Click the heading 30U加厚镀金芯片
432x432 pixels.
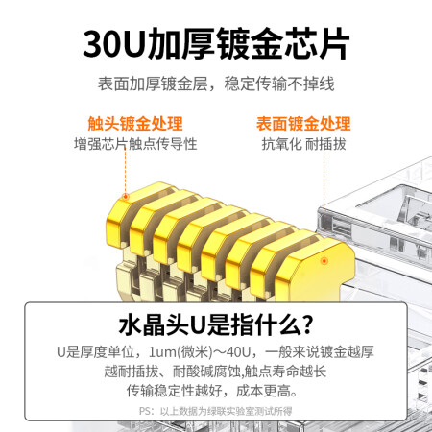216,44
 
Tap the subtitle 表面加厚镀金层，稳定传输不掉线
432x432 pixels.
216,84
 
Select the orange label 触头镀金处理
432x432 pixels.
135,124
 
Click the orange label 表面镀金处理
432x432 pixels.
303,124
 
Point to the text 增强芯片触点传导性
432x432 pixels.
135,144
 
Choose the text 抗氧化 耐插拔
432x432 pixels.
303,144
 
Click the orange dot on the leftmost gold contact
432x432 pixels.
126,196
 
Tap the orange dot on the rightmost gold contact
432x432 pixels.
324,261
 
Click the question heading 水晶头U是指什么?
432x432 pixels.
216,324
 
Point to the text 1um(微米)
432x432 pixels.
180,352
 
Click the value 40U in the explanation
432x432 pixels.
238,352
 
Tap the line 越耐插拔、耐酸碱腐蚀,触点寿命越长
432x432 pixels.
215,372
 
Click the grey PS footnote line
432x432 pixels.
216,411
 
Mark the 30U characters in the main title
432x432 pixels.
113,44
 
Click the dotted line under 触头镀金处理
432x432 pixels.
126,171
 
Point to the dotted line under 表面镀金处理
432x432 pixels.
324,204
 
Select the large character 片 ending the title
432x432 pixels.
333,44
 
